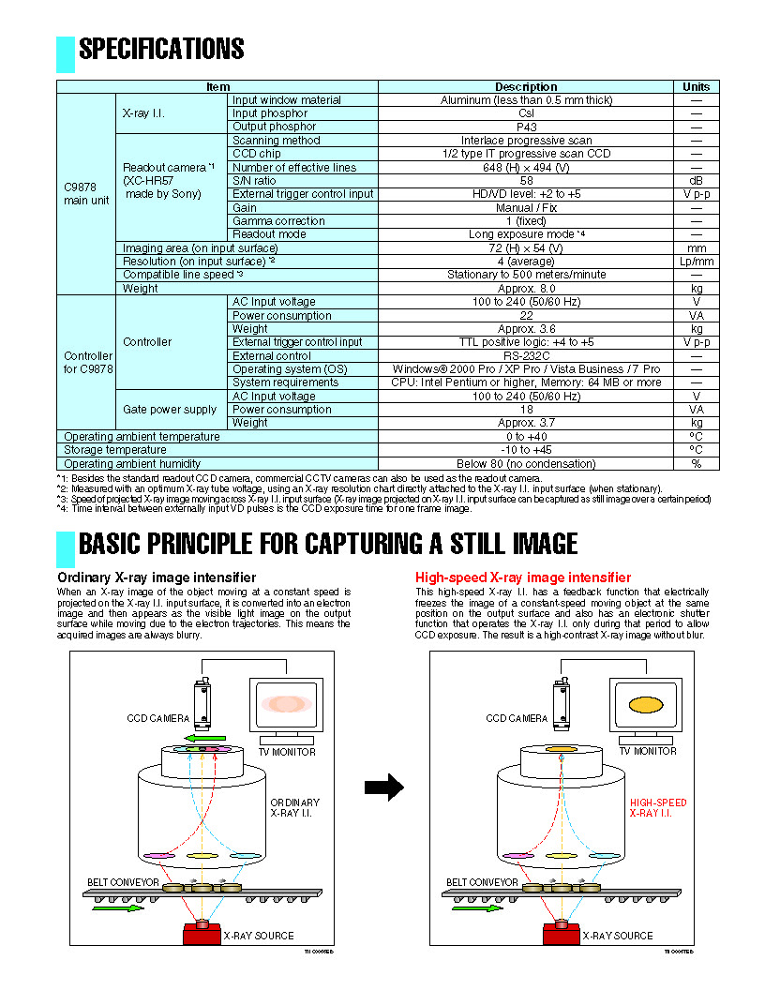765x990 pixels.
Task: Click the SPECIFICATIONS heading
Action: click(x=161, y=49)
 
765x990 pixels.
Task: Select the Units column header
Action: click(x=696, y=86)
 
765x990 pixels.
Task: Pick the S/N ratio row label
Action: click(x=254, y=180)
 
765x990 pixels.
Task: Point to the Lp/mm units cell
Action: click(x=696, y=262)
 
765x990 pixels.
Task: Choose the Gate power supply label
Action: click(x=170, y=410)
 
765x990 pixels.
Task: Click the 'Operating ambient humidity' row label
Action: click(x=132, y=464)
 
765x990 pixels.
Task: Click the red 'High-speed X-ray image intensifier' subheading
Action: click(x=523, y=577)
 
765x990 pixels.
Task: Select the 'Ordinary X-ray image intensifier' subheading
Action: click(x=157, y=577)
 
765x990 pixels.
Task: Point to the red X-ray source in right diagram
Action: click(x=561, y=934)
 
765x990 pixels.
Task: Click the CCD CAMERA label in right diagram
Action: click(x=517, y=719)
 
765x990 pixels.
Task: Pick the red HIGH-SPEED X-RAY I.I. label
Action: click(x=657, y=808)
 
